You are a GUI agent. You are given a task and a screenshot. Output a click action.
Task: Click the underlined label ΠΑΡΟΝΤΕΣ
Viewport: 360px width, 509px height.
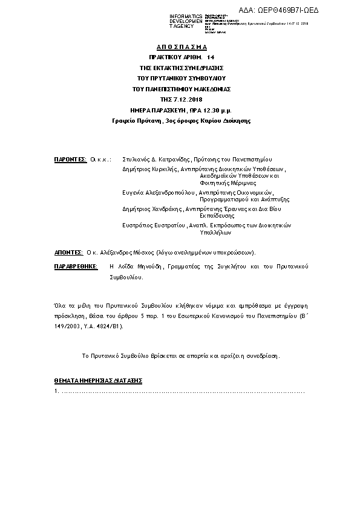click(71, 160)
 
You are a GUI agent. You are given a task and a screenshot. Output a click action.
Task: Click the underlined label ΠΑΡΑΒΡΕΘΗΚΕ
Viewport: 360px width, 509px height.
click(76, 266)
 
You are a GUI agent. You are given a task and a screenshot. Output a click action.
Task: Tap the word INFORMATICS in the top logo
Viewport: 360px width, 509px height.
click(186, 16)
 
